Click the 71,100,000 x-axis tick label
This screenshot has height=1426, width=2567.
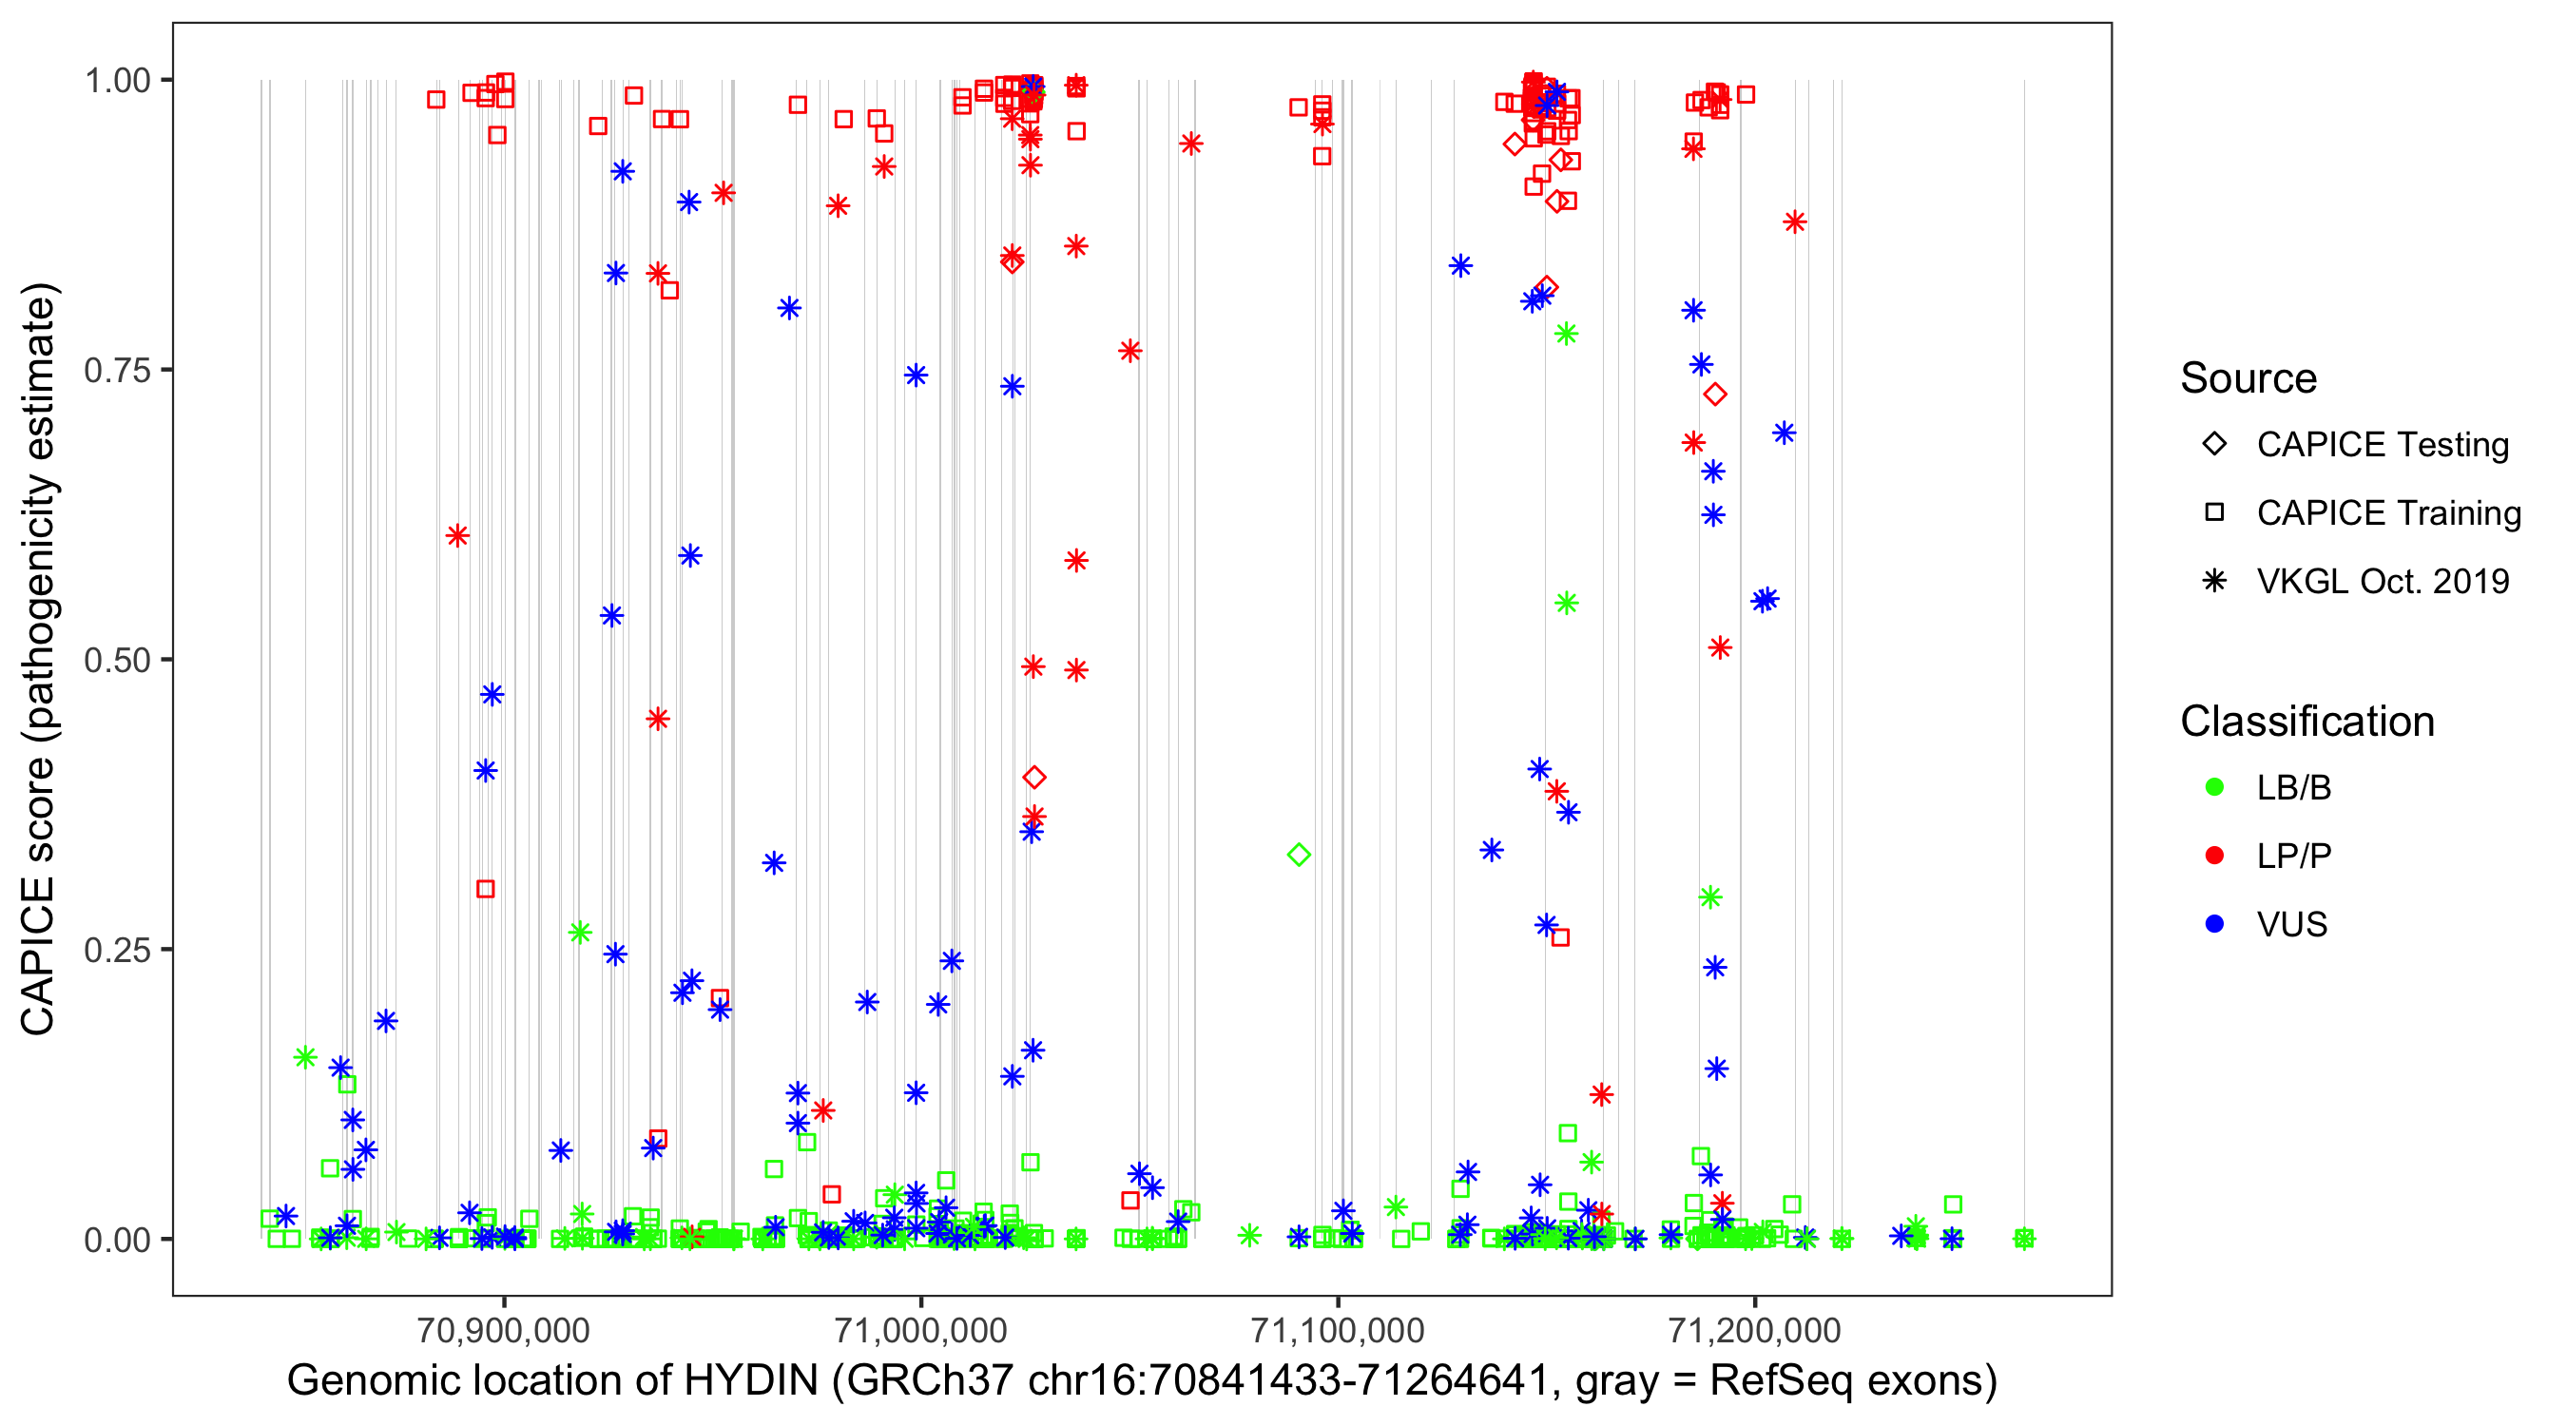pos(1338,1330)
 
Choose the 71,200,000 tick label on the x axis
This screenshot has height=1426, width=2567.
pos(1754,1330)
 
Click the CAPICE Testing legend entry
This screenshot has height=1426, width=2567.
pos(2382,445)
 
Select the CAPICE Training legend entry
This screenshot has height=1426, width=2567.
pos(2387,513)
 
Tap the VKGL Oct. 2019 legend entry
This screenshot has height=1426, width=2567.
pos(2382,582)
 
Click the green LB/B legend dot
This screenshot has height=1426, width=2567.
pos(2214,788)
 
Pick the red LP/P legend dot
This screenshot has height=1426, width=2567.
pos(2214,856)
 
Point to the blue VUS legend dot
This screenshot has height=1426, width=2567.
pos(2214,925)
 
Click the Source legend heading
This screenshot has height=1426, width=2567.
pos(2249,378)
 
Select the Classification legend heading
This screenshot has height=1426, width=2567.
pos(2306,722)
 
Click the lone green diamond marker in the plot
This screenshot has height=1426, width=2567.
pos(1299,855)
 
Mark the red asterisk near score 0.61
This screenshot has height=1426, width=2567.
pos(457,536)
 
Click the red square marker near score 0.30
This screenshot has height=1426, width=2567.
pos(485,889)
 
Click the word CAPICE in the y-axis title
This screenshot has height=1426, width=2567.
pos(38,955)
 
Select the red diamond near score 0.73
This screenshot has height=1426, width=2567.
pos(1714,395)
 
